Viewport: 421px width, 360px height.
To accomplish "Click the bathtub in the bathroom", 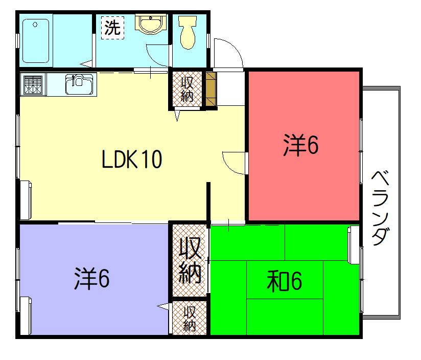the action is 36,40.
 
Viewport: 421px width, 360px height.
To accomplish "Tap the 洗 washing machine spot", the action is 113,28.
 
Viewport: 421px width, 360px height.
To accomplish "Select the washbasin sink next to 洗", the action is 150,24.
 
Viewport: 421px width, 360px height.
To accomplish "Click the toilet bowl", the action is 188,32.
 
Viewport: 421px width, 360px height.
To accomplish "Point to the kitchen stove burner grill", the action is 33,84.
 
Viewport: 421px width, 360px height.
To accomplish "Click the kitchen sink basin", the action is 79,84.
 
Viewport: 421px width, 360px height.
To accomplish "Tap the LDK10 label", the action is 132,160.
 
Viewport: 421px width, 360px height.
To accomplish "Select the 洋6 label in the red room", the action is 301,145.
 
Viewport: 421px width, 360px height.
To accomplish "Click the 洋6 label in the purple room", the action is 92,279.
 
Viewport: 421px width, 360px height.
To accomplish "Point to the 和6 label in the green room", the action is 285,281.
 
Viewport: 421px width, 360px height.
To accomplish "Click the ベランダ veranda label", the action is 381,208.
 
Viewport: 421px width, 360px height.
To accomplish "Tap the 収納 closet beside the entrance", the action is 187,89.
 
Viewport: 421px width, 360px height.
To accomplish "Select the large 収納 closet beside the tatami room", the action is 190,260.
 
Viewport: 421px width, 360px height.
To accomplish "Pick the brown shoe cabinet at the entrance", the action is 211,89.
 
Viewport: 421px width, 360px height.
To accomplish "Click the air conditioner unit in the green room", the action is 354,245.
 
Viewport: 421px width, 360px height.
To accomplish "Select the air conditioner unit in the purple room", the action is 26,316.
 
